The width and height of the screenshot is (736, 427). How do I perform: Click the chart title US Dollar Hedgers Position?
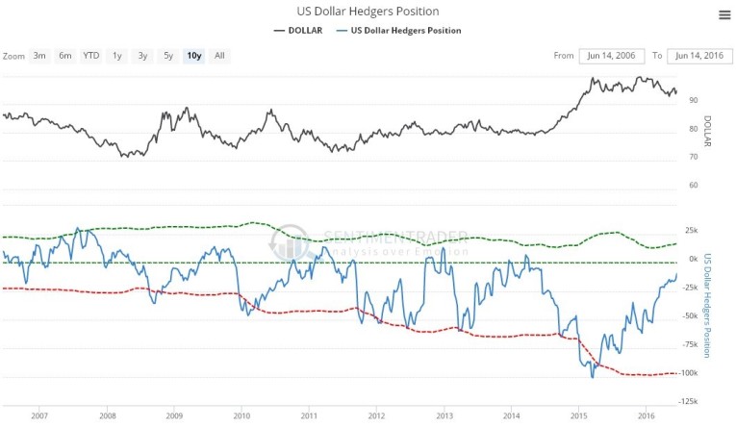(367, 11)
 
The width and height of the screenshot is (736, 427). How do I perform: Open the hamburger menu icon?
(723, 13)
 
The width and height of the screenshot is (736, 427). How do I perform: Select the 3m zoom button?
(39, 56)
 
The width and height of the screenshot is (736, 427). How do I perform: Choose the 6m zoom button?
(64, 56)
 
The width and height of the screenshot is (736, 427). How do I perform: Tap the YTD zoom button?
(90, 56)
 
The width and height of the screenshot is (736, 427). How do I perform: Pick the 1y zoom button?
(117, 56)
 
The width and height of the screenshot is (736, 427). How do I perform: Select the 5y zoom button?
(168, 56)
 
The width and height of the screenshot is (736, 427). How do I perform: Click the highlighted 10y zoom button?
(194, 56)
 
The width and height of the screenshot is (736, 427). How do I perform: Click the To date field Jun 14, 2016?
(698, 56)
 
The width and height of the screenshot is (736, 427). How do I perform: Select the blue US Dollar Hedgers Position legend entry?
(403, 31)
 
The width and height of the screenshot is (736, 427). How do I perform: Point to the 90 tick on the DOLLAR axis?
(693, 100)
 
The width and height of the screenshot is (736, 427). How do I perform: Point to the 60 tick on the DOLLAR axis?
(693, 185)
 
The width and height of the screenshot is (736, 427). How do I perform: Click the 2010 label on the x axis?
(241, 415)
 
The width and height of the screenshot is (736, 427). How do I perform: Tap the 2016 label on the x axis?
(647, 415)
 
